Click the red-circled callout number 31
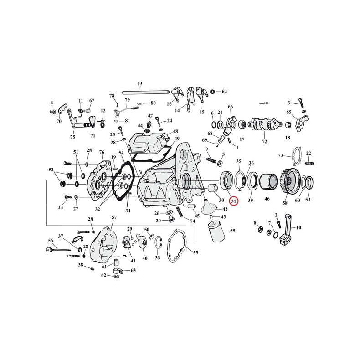233,201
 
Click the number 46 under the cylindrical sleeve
267,200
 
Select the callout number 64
224,92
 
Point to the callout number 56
51,240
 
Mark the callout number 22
309,153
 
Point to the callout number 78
112,95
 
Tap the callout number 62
103,275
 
